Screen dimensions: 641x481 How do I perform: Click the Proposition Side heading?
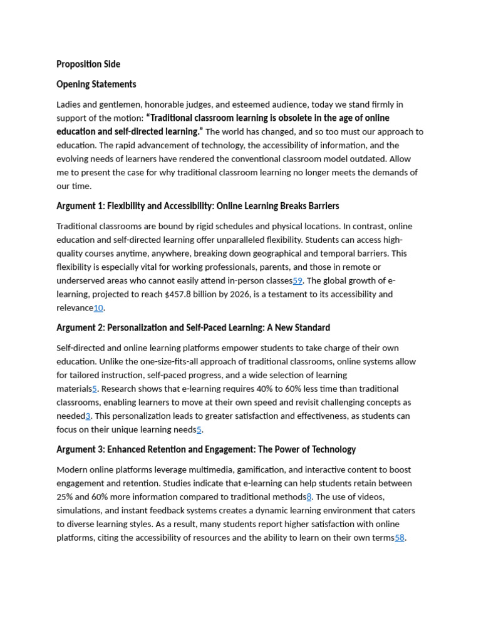point(88,64)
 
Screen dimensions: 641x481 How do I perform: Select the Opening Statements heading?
point(96,84)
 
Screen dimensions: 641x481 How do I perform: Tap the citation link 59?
point(297,280)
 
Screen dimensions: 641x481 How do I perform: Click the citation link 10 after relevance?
point(98,308)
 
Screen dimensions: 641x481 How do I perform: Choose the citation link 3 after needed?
point(88,416)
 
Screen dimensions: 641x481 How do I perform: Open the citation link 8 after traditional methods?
point(309,497)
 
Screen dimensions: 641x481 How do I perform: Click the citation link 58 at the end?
point(400,538)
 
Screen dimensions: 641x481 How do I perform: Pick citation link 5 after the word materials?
point(95,389)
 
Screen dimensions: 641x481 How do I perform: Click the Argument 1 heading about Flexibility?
point(197,206)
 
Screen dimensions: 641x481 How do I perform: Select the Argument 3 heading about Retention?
point(206,449)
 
